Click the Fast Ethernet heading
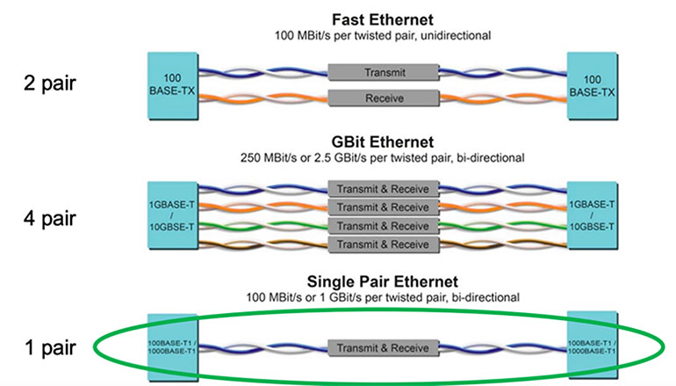382,18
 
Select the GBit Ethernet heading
382,143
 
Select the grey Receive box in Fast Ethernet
382,98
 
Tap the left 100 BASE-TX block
171,85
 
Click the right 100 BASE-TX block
593,85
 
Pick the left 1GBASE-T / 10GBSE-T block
171,215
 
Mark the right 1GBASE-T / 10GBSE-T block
593,215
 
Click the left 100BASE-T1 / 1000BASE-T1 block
172,347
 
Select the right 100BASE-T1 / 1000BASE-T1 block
593,347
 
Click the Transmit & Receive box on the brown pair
382,243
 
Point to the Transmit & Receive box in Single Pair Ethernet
382,347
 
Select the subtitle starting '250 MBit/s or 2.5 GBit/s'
382,158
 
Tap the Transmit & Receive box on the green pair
382,225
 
